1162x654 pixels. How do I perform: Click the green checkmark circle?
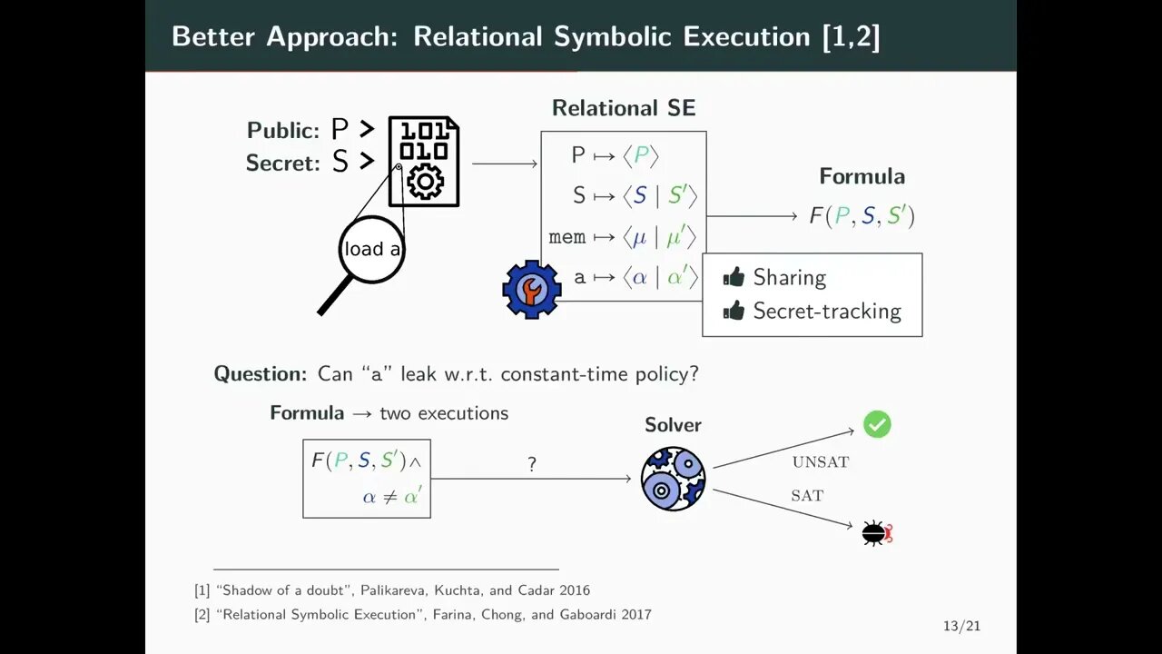coord(877,424)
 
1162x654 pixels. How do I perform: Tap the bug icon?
coord(876,533)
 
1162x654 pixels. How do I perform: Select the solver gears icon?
coord(673,478)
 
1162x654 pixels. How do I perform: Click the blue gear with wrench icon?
coord(531,289)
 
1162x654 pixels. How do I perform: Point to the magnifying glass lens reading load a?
coord(370,249)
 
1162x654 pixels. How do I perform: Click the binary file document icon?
coord(424,162)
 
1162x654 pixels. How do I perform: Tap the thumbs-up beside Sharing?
coord(734,277)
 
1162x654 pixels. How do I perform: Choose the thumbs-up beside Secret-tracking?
coord(734,311)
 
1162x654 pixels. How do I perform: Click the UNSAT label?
coord(820,462)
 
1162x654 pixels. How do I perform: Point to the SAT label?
coord(807,496)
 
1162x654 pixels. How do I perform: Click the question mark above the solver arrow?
coord(532,464)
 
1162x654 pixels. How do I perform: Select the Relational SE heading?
coord(624,108)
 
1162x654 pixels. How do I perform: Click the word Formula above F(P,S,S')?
coord(862,176)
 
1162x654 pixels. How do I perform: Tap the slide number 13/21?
coord(961,626)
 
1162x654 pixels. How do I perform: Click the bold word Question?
coord(261,373)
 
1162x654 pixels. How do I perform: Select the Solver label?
coord(673,425)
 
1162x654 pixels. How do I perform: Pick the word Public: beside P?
coord(283,131)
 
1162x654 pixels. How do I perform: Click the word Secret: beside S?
coord(282,163)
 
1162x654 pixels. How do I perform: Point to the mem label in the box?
coord(567,238)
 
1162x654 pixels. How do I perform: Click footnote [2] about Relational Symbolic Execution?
coord(423,615)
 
